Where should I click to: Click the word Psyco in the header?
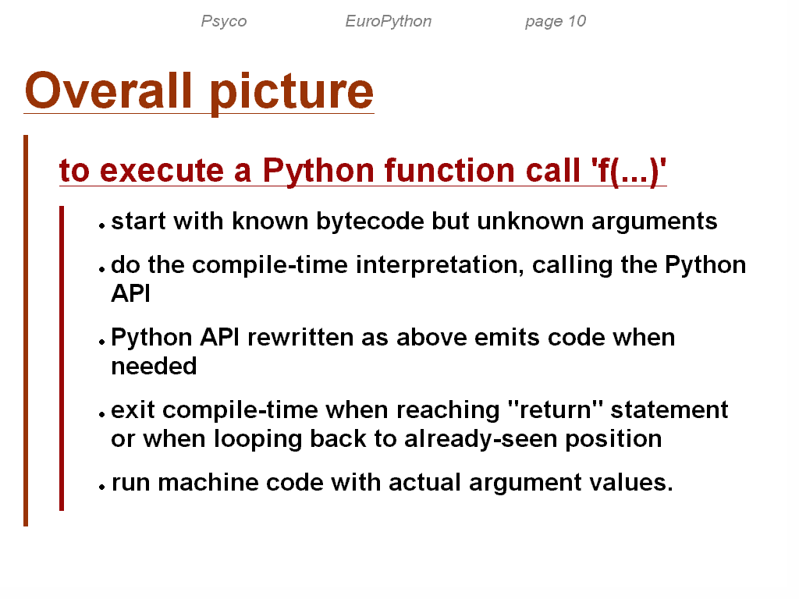coord(224,21)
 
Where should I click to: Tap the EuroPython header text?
coord(389,21)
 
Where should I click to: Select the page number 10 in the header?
coord(577,21)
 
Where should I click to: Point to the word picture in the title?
coord(292,93)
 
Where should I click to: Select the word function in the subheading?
coord(449,170)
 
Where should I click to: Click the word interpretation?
coord(440,266)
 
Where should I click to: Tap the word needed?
coord(154,367)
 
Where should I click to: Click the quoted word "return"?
coord(556,410)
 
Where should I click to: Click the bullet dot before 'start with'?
coord(102,225)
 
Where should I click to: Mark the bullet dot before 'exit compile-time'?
coord(102,414)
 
